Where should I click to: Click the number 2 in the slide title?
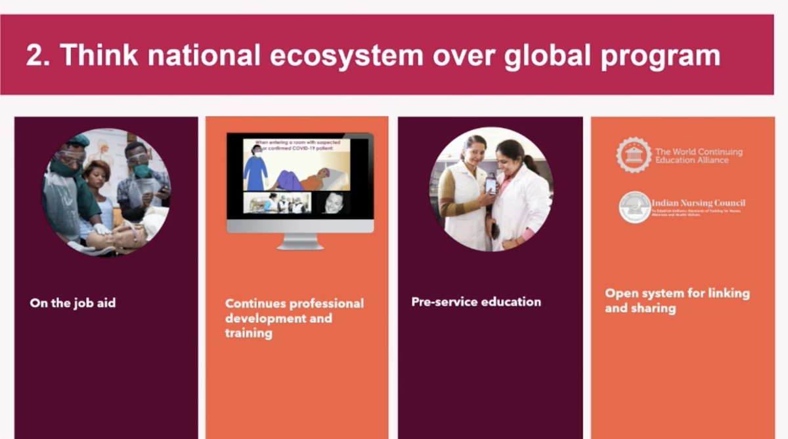34,56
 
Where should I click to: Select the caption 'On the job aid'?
72,303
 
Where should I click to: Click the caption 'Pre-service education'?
476,302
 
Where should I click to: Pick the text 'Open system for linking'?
676,293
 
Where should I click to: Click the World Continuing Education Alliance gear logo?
634,155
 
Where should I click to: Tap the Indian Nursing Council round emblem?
634,207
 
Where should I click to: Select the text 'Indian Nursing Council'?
698,203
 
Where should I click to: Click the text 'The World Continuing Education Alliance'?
699,156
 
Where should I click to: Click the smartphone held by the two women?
491,185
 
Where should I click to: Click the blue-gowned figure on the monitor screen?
255,169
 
